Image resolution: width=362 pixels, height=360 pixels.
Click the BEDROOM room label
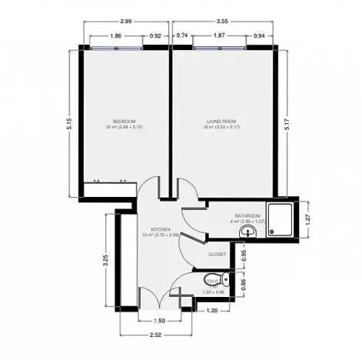[124, 121]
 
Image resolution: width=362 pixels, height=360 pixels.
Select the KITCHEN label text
[160, 229]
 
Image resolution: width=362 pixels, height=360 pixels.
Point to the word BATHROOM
[247, 215]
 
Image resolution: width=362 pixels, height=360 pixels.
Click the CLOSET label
[218, 253]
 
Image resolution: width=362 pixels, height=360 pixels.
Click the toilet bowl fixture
[224, 280]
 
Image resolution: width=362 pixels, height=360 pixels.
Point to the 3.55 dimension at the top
[223, 22]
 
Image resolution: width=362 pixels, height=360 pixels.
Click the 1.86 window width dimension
[115, 35]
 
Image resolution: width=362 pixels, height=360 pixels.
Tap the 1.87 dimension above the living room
[218, 35]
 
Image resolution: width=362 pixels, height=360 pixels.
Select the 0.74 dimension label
[182, 35]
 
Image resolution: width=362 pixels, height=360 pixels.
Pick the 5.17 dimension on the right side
[287, 127]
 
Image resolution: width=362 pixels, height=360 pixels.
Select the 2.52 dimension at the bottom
[155, 335]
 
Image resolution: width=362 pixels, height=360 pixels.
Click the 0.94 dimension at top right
[258, 35]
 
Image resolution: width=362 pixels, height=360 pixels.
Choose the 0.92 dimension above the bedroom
[155, 35]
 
